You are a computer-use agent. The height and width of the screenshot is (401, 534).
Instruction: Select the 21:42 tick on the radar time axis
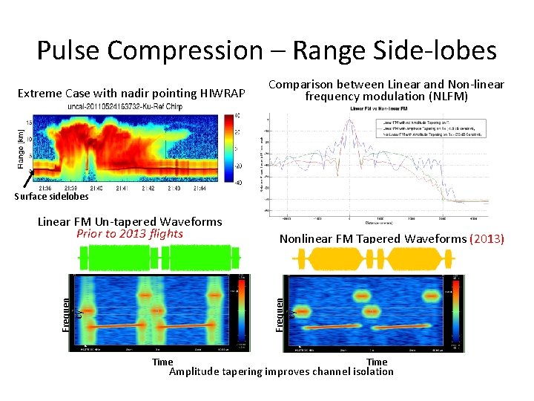(149, 189)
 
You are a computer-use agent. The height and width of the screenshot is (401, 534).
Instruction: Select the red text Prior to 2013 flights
(130, 233)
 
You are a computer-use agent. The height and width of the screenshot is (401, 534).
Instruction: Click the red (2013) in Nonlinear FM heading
(488, 239)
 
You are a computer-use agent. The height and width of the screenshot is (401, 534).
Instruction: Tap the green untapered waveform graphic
(160, 259)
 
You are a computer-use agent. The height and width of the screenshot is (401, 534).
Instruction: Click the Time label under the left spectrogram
(162, 362)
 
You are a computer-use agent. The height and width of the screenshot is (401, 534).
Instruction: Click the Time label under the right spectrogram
(377, 362)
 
